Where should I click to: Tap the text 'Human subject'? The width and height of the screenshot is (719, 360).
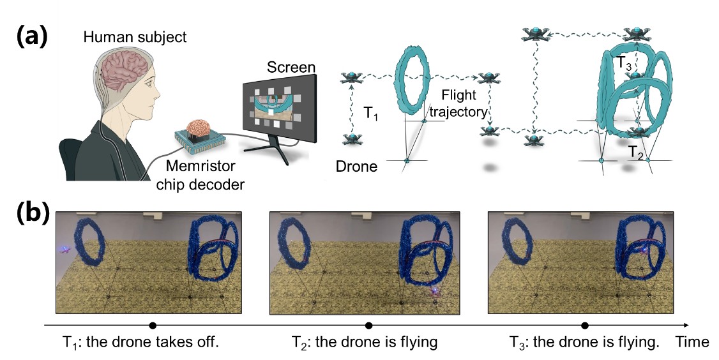click(135, 38)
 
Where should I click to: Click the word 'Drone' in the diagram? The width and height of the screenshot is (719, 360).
click(356, 167)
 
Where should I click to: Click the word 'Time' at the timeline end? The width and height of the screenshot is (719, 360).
click(692, 342)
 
